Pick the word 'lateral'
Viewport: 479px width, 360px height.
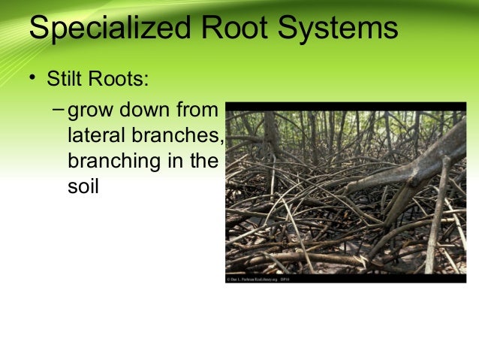(x=93, y=137)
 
